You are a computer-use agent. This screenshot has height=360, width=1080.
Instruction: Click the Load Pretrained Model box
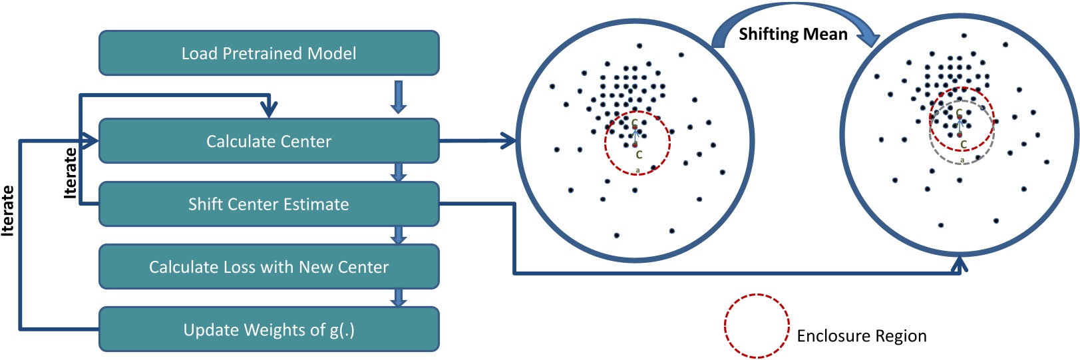click(269, 53)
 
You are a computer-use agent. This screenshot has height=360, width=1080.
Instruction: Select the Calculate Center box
click(269, 141)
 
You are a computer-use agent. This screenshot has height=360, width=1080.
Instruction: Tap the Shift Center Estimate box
click(269, 204)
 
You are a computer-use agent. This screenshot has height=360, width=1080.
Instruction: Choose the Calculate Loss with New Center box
click(269, 267)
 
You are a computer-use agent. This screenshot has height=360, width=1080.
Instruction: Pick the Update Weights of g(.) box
click(269, 329)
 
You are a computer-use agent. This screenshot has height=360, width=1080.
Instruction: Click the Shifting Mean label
click(793, 34)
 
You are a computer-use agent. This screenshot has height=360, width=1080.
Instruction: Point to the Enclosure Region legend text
click(861, 336)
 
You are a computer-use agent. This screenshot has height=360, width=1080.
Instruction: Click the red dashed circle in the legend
click(757, 326)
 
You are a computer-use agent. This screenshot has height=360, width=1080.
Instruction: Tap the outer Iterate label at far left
click(8, 210)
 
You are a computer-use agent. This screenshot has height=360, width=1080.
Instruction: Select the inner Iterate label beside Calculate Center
click(70, 173)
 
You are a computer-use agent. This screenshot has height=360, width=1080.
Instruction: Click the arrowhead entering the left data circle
click(509, 141)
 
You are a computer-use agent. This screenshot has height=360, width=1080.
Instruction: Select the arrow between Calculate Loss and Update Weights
click(399, 297)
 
